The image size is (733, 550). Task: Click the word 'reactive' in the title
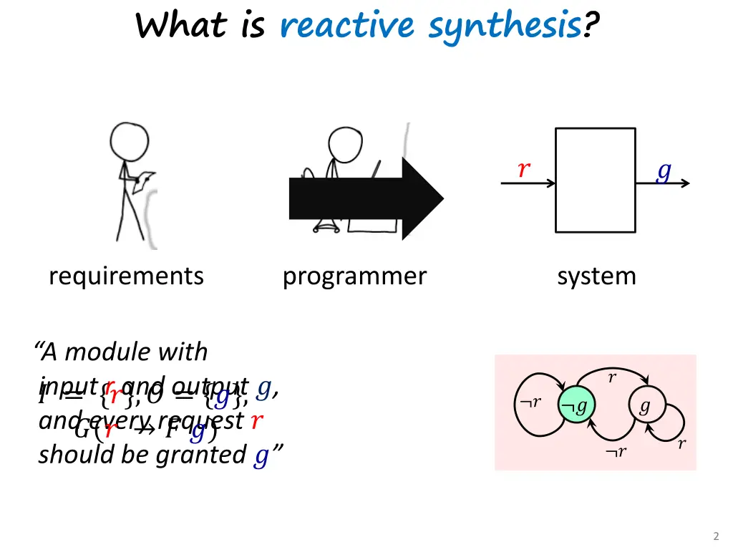tap(346, 26)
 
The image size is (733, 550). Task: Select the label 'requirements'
tap(126, 276)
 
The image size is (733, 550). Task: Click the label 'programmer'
tap(354, 276)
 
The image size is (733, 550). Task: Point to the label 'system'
tap(596, 276)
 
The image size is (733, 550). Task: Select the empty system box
tap(595, 180)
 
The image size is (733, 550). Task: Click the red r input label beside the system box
tap(524, 170)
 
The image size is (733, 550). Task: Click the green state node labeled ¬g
tap(575, 407)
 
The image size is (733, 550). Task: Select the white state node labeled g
tap(644, 407)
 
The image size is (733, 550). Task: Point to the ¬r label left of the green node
tap(530, 403)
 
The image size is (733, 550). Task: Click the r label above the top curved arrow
tap(611, 378)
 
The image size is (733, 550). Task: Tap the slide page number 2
tap(716, 536)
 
